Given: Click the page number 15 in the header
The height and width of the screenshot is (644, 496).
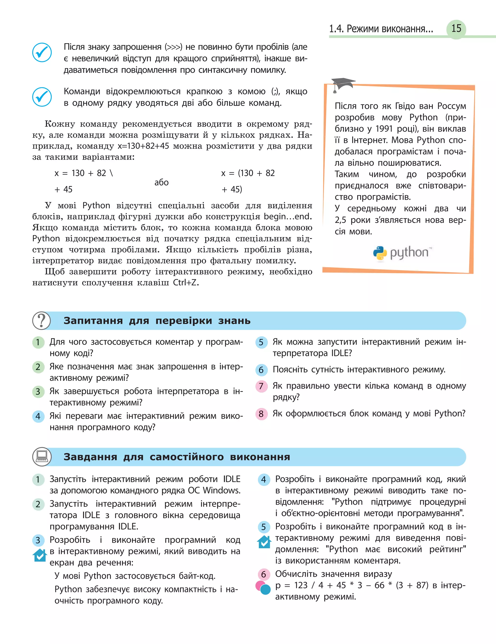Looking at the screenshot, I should click(456, 29).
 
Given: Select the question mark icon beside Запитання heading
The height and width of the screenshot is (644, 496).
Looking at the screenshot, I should click(42, 320).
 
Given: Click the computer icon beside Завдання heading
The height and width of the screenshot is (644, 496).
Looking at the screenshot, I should click(42, 457).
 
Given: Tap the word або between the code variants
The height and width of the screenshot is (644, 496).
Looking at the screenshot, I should click(162, 182).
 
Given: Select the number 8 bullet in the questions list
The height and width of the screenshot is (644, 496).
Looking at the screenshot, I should click(261, 414).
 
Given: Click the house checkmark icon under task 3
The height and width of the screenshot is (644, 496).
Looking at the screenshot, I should click(39, 555).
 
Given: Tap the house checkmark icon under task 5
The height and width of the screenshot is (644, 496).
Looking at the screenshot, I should click(264, 542).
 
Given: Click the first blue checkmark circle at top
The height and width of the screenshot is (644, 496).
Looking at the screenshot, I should click(42, 52).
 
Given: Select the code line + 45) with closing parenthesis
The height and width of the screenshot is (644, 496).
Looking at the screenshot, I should click(232, 189).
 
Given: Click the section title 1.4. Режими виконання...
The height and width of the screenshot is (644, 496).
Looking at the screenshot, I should click(381, 29).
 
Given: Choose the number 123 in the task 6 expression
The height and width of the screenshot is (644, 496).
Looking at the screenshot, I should click(301, 585).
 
